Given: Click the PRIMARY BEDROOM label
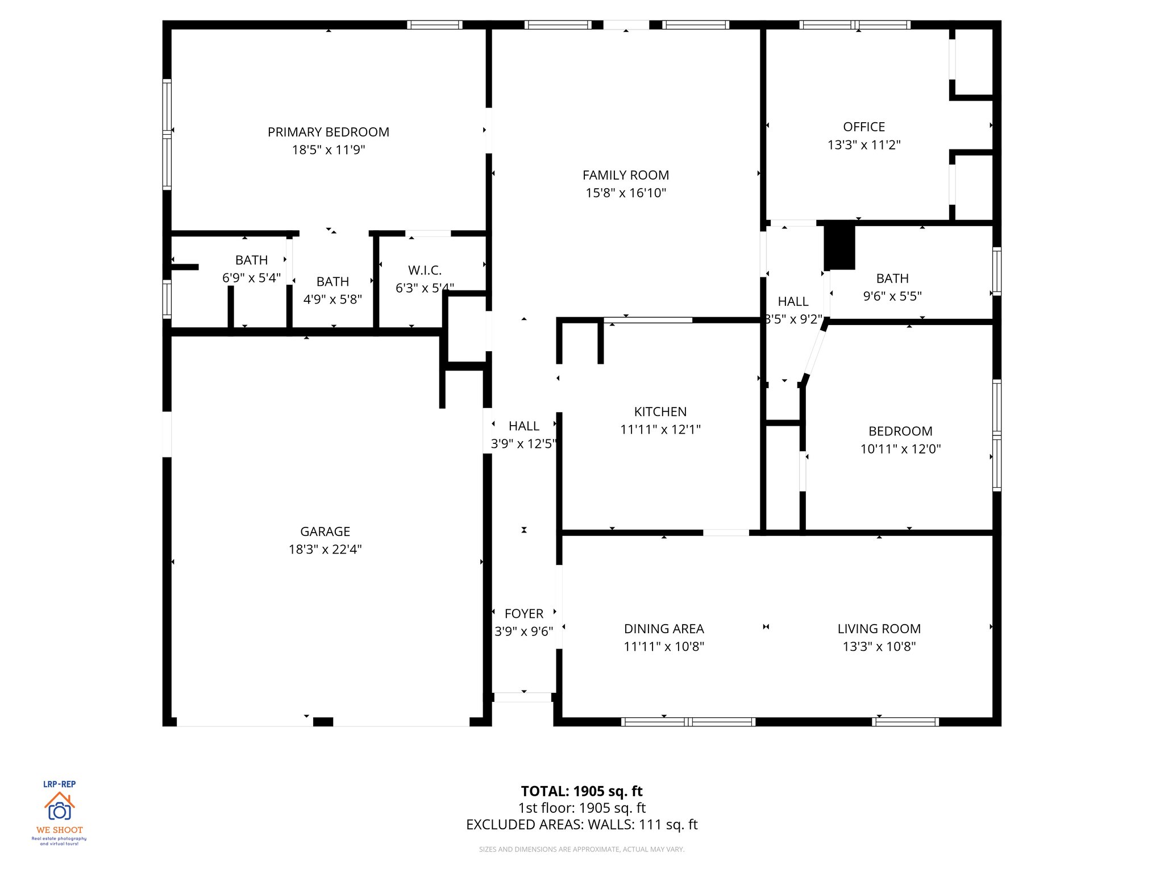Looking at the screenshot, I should (x=329, y=132).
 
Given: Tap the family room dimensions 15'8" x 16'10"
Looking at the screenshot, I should (x=626, y=193).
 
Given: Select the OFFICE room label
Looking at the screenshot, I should (x=864, y=127).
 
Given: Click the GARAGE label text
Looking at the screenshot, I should (x=325, y=532).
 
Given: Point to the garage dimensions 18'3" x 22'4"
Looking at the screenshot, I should (x=325, y=550).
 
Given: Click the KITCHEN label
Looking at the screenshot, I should (x=660, y=412).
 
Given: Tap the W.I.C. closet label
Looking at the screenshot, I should (x=425, y=271).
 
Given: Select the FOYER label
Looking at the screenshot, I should (x=524, y=614).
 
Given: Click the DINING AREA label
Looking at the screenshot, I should (x=664, y=629).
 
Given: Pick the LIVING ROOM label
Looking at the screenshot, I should (x=879, y=629).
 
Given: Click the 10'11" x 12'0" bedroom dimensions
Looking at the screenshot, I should (x=900, y=449).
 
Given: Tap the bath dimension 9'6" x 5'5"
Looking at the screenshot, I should (x=892, y=296).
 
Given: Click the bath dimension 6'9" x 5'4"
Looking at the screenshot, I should (x=251, y=278).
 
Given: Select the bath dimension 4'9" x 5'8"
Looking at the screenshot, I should (x=332, y=300).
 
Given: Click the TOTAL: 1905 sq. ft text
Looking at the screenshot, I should (x=581, y=791).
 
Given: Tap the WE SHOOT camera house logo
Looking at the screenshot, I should (x=60, y=807).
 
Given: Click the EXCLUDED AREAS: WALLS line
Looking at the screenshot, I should (x=581, y=825).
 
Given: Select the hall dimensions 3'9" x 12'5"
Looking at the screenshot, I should (x=523, y=444).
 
